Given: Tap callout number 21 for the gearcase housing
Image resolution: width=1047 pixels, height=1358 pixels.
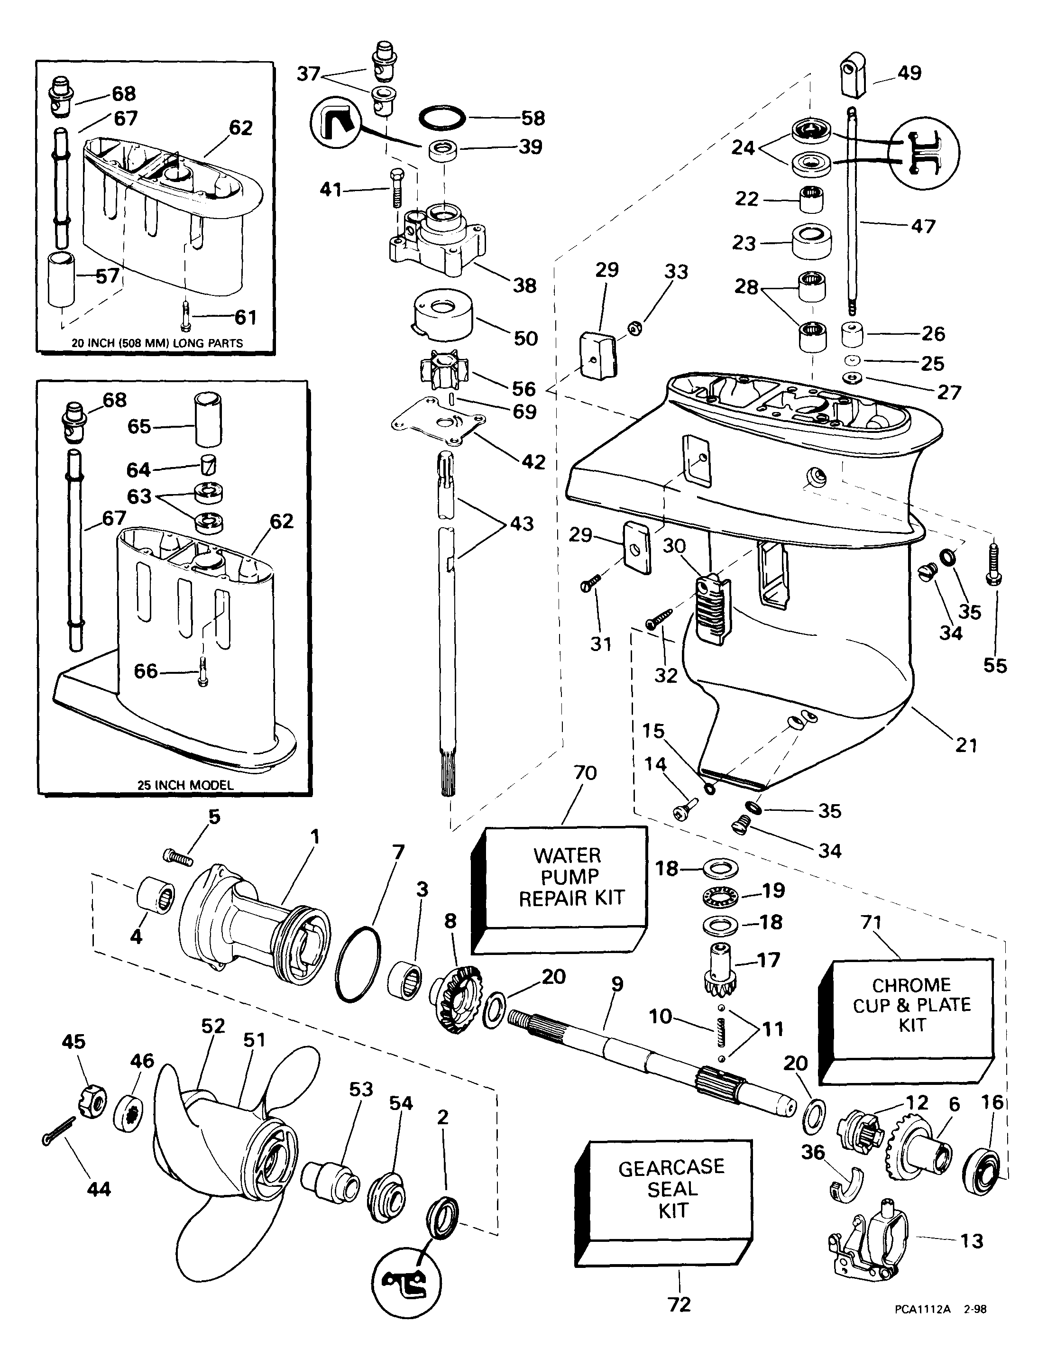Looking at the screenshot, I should point(966,744).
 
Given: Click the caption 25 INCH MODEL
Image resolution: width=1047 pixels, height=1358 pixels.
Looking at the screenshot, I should point(185,785).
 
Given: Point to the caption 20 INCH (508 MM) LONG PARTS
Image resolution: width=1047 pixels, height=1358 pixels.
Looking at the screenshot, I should point(158,343).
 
